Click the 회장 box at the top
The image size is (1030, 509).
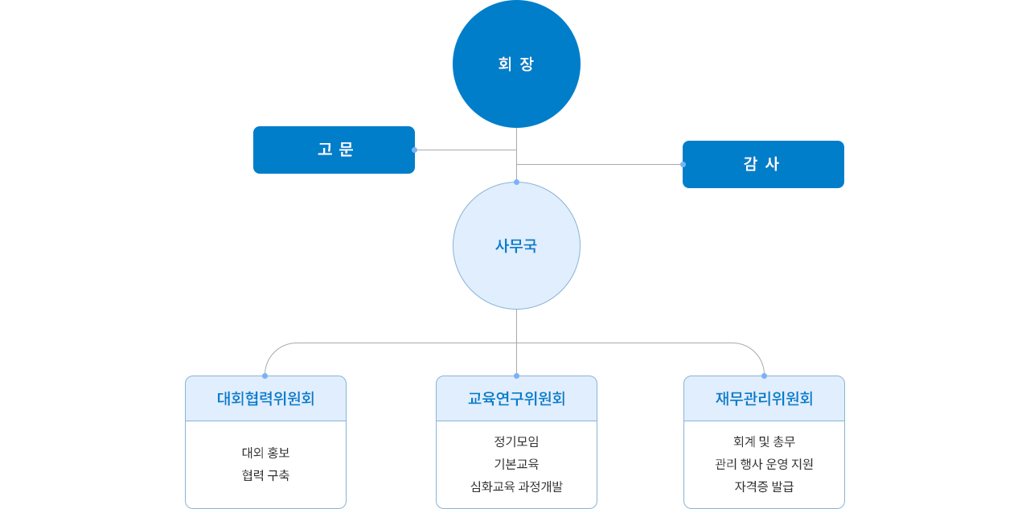pyautogui.click(x=516, y=64)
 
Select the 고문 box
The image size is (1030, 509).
pyautogui.click(x=336, y=150)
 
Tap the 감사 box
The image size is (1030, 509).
pyautogui.click(x=762, y=164)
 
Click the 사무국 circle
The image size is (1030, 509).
pyautogui.click(x=516, y=245)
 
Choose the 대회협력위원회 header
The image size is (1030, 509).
pyautogui.click(x=265, y=398)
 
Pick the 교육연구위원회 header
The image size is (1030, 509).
pyautogui.click(x=516, y=398)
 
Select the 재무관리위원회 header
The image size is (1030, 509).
pyautogui.click(x=764, y=398)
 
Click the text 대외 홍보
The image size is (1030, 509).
pyautogui.click(x=265, y=452)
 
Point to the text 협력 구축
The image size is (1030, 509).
pyautogui.click(x=265, y=475)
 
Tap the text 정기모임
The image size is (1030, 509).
pyautogui.click(x=516, y=441)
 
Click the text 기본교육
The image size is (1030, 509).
pyautogui.click(x=516, y=464)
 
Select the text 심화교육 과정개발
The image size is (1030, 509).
pyautogui.click(x=516, y=486)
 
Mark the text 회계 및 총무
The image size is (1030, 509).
pyautogui.click(x=764, y=441)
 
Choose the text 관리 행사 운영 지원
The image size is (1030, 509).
pyautogui.click(x=764, y=464)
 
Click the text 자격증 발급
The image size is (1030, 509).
pyautogui.click(x=764, y=486)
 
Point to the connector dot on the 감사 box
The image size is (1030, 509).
pyautogui.click(x=682, y=164)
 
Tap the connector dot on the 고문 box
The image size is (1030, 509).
pyautogui.click(x=416, y=150)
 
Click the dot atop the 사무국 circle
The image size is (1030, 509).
pyautogui.click(x=516, y=181)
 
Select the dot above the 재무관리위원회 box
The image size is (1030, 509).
pyautogui.click(x=764, y=375)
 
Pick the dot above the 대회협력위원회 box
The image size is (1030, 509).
pyautogui.click(x=265, y=375)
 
